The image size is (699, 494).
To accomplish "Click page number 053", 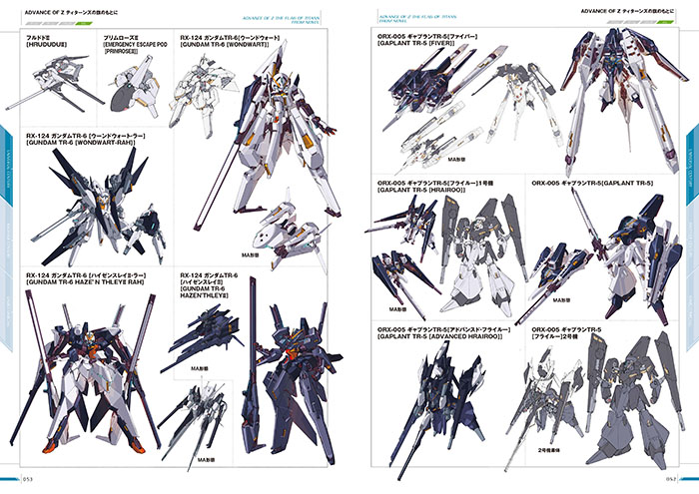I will pos(29,483).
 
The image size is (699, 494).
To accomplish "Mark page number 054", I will pos(669,483).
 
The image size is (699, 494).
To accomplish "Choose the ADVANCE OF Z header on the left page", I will pos(70,13).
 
